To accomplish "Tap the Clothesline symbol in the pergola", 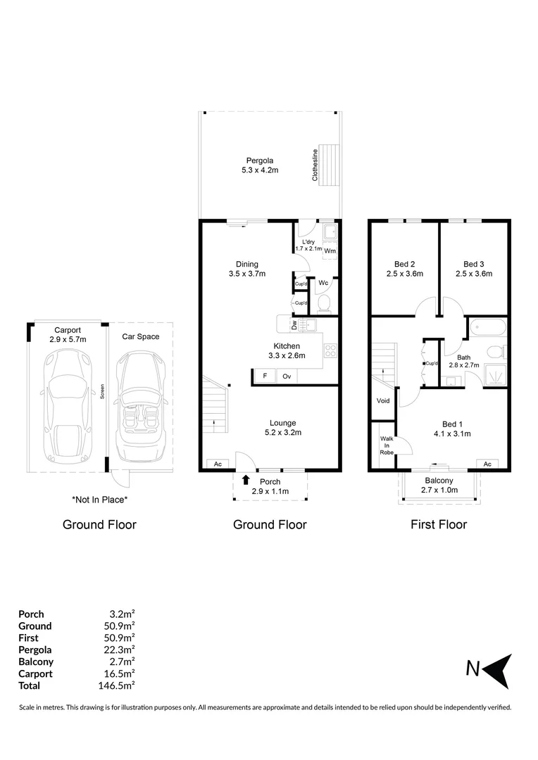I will (x=329, y=164).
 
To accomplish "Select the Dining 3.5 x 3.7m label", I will (x=246, y=270).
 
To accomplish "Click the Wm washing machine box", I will (x=330, y=250).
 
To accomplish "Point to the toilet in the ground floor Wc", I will (x=324, y=303).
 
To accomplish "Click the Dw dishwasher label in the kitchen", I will (x=294, y=325).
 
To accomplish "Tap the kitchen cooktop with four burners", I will (x=330, y=350).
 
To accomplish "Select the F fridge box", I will (x=265, y=376).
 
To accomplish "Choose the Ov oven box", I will (x=287, y=376).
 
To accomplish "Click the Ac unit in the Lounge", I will (x=218, y=464).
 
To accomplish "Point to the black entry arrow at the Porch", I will (x=246, y=481).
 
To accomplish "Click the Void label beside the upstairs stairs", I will (x=383, y=400).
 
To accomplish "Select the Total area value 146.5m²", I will (x=118, y=685).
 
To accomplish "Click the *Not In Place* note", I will (x=99, y=500).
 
